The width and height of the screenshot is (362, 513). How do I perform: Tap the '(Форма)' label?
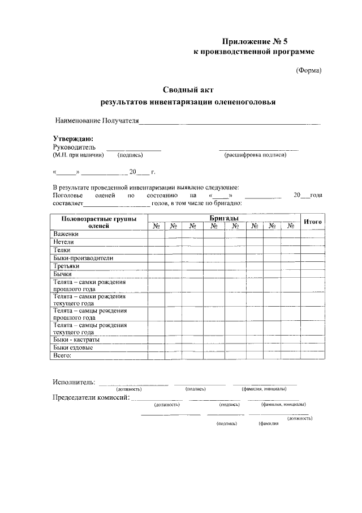309,71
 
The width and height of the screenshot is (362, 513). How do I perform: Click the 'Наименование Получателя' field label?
97,121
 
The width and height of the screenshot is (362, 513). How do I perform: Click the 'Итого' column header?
313,222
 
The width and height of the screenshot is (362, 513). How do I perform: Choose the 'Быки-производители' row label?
83,257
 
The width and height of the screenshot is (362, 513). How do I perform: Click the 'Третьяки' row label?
66,265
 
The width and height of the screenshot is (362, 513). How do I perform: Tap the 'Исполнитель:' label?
74,382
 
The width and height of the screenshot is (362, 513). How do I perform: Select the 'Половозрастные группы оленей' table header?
99,222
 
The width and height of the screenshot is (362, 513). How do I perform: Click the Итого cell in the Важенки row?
313,234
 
